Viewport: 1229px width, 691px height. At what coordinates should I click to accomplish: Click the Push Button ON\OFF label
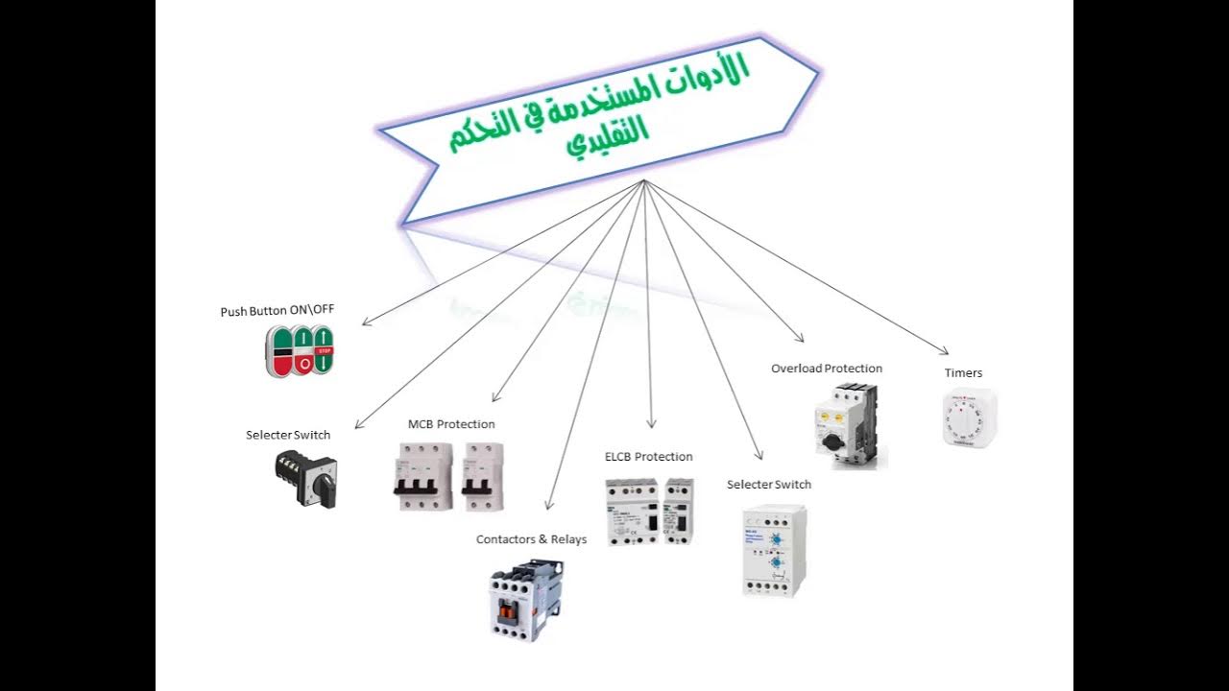tap(277, 311)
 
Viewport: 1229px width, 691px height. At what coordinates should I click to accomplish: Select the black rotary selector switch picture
tap(306, 477)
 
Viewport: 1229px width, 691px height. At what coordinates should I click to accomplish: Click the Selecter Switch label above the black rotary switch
tap(288, 435)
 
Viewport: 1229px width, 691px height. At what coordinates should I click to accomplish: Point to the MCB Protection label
tap(451, 424)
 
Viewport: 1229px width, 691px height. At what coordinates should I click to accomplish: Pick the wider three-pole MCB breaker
tap(422, 477)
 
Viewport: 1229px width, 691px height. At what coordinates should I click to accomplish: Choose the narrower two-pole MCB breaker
tap(482, 477)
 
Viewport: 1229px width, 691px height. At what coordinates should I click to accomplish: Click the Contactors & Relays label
tap(531, 539)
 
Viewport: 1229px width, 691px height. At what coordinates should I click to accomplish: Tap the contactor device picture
tap(526, 600)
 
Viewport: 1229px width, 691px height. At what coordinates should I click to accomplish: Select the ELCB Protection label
tap(648, 457)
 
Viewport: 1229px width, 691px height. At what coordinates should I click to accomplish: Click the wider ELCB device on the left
tap(632, 512)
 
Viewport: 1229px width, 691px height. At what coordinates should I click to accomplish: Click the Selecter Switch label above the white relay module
tap(768, 485)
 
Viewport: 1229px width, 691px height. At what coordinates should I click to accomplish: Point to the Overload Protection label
tap(826, 369)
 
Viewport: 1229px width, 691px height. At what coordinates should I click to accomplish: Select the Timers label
tap(963, 373)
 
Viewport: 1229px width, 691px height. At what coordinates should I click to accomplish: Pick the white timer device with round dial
tap(969, 417)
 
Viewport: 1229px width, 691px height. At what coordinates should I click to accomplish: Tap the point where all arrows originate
tap(644, 181)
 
